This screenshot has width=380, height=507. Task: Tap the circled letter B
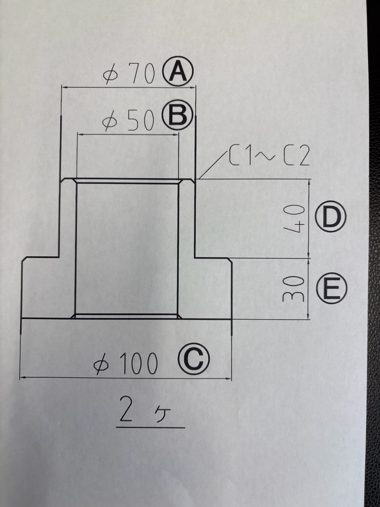(x=177, y=116)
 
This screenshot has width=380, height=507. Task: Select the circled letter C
(x=193, y=360)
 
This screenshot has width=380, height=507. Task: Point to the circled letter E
(x=331, y=289)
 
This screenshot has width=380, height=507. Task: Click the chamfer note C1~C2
(x=269, y=157)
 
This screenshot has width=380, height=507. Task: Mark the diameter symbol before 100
(x=101, y=365)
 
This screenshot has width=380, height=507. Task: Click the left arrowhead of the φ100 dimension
(x=22, y=378)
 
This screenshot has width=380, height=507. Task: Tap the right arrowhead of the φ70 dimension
(x=193, y=88)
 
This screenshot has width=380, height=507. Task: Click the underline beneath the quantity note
(x=151, y=426)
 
